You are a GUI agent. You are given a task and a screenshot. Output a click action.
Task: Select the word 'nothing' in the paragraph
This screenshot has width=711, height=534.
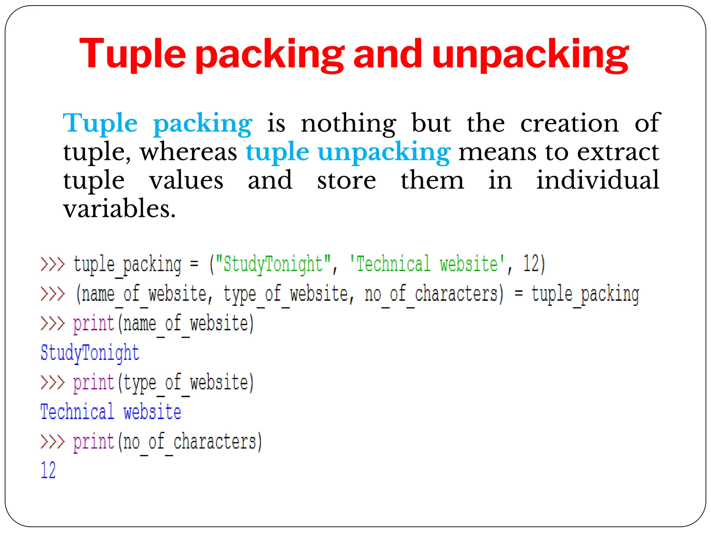pyautogui.click(x=348, y=123)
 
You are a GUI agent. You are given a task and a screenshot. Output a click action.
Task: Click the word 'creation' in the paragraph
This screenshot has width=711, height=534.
pyautogui.click(x=569, y=123)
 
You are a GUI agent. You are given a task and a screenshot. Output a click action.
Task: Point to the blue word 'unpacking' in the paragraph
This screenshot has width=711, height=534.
pyautogui.click(x=384, y=152)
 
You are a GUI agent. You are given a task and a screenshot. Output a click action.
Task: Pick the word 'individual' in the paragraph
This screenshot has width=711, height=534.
pyautogui.click(x=597, y=180)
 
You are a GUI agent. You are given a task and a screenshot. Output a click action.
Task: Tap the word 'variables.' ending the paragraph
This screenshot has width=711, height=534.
pyautogui.click(x=119, y=209)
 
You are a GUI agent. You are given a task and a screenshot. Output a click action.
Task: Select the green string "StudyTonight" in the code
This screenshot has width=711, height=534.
pyautogui.click(x=273, y=264)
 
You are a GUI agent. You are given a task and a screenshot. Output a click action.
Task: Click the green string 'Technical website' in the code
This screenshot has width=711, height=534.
pyautogui.click(x=427, y=264)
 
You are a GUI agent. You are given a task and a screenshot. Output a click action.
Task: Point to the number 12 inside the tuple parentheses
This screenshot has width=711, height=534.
pyautogui.click(x=531, y=264)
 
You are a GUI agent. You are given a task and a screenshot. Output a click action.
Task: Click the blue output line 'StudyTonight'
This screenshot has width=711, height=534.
pyautogui.click(x=90, y=353)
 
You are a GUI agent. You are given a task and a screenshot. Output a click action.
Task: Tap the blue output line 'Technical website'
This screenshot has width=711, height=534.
pyautogui.click(x=111, y=412)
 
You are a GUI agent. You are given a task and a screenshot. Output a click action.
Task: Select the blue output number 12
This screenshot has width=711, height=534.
pyautogui.click(x=48, y=471)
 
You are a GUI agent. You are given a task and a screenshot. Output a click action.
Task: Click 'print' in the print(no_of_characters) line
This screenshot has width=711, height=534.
pyautogui.click(x=93, y=442)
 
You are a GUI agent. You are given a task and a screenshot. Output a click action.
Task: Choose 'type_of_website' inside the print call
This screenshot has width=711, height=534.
pyautogui.click(x=186, y=383)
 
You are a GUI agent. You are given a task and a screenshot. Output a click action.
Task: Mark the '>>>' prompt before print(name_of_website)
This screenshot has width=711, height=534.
pyautogui.click(x=52, y=323)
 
